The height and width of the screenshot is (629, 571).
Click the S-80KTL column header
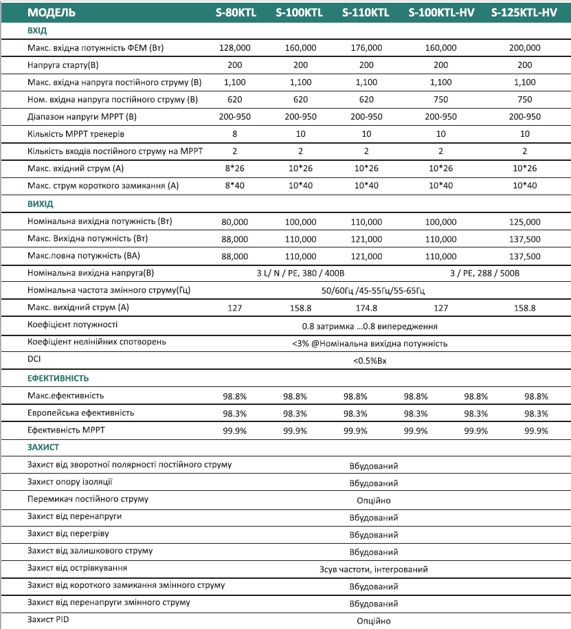click(236, 12)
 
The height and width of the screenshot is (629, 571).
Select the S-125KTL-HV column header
click(524, 12)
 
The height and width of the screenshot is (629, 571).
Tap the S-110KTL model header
click(366, 12)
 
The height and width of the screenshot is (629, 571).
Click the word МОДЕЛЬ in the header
click(52, 12)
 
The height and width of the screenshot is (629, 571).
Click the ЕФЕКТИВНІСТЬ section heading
click(58, 378)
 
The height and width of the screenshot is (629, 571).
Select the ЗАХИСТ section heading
click(43, 448)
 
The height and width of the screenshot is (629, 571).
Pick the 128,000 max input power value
click(235, 48)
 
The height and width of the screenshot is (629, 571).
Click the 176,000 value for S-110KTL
click(366, 48)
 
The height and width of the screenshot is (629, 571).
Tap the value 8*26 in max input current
click(235, 168)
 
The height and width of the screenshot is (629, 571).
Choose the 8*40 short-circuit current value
click(235, 186)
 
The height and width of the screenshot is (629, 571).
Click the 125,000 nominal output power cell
click(525, 222)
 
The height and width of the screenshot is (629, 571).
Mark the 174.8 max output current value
click(366, 308)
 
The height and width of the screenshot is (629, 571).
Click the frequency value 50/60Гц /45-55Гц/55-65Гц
click(374, 290)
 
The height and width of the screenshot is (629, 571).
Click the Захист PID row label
click(48, 619)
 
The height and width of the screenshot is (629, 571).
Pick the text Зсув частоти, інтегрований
click(373, 569)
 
